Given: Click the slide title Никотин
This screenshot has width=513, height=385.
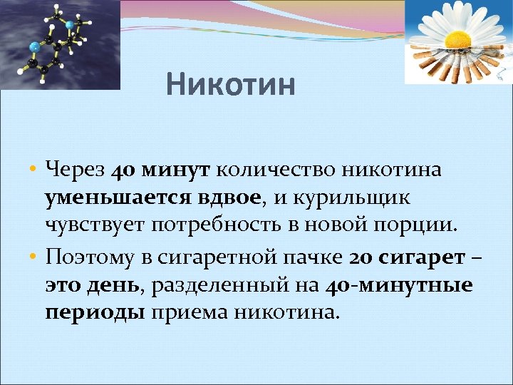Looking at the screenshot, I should (x=230, y=86).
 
